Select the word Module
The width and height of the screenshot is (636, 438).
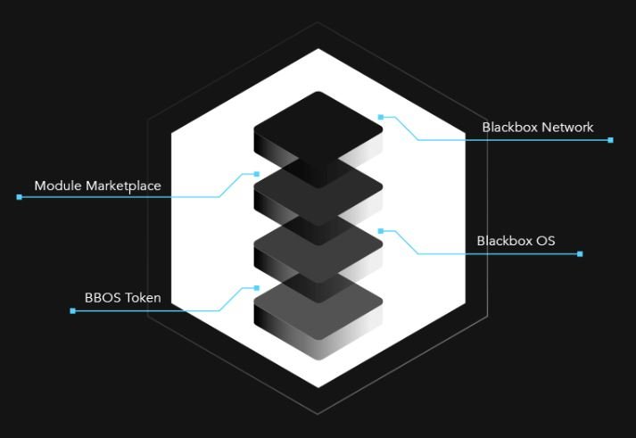[x=58, y=186]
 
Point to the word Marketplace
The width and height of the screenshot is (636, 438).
[x=124, y=186]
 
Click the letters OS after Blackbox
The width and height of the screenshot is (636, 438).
[x=546, y=241]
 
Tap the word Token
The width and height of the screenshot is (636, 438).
[x=144, y=298]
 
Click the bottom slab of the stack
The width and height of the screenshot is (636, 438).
[x=318, y=312]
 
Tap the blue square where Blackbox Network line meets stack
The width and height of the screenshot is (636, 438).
[x=381, y=117]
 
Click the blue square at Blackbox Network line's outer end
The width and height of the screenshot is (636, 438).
[x=610, y=140]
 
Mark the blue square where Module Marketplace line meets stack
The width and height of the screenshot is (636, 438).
[x=256, y=174]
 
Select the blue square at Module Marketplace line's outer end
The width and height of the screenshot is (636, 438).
[x=19, y=197]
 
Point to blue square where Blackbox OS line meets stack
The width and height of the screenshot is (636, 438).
[x=381, y=231]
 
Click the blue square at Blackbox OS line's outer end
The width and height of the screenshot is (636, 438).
[x=580, y=254]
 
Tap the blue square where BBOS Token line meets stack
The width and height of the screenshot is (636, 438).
[x=256, y=288]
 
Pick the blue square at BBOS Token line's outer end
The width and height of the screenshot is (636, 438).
[x=72, y=311]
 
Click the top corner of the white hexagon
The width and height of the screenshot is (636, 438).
[x=318, y=49]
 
